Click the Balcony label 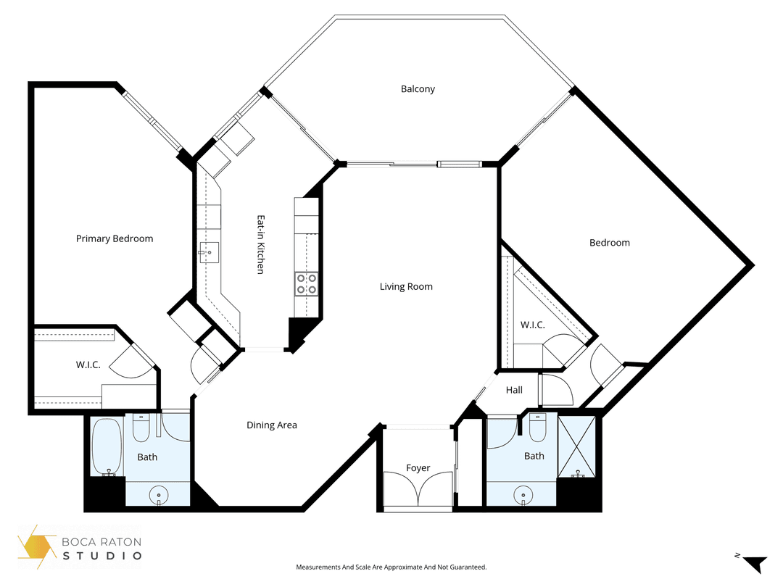(x=418, y=89)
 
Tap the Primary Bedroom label (x=115, y=238)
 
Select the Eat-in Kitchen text (x=261, y=245)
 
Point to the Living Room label (x=406, y=286)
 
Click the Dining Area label (x=272, y=425)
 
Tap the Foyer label (x=418, y=467)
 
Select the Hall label (x=514, y=390)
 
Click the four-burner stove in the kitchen (x=306, y=284)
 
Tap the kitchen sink (x=209, y=253)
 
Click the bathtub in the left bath (x=107, y=446)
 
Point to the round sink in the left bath (x=159, y=496)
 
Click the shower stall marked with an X (x=577, y=446)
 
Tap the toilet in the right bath (x=537, y=428)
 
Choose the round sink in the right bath (x=523, y=496)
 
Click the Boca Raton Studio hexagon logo (x=36, y=546)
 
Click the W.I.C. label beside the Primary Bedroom (x=88, y=365)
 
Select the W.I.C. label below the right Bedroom (x=533, y=325)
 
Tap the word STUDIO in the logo (x=102, y=556)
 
